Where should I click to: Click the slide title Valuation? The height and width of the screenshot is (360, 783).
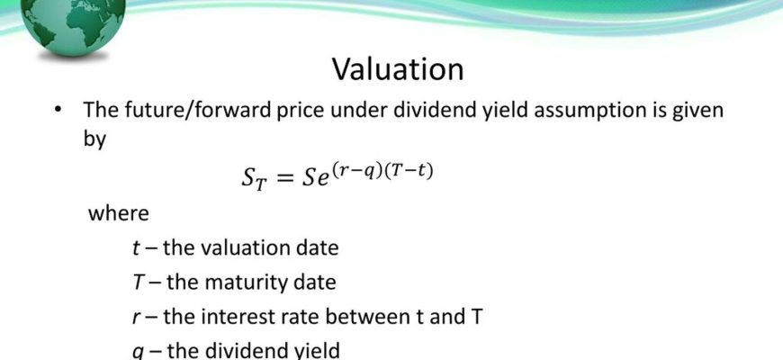[398, 69]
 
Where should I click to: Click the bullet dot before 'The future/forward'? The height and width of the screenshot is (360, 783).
[60, 110]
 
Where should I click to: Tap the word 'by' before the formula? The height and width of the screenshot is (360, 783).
[94, 139]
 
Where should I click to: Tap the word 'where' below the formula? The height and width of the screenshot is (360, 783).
[118, 213]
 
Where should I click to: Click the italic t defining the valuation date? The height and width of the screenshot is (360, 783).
[136, 247]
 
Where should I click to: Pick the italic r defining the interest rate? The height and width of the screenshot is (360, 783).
[136, 318]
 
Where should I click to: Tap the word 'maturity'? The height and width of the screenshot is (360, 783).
[244, 283]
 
